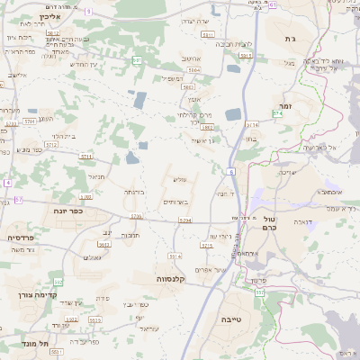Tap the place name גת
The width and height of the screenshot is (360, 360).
click(290, 40)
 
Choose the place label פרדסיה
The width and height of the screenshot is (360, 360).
click(20, 237)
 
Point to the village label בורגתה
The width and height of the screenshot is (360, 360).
click(133, 192)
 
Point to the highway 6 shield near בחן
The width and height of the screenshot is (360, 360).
click(231, 171)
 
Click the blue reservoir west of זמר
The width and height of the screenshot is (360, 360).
click(233, 114)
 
